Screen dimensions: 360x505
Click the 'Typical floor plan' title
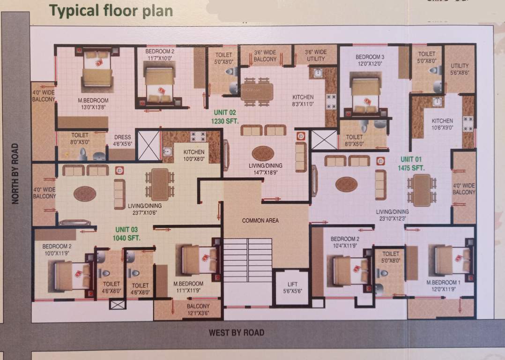[x=111, y=10]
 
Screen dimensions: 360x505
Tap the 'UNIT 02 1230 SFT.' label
[x=225, y=116]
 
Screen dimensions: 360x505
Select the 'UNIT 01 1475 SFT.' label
[x=411, y=163]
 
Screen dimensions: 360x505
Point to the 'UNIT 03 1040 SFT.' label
[x=126, y=233]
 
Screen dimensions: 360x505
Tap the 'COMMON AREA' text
[x=260, y=220]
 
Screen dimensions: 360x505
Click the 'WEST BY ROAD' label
[x=237, y=333]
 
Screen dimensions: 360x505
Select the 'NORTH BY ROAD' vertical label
[x=15, y=173]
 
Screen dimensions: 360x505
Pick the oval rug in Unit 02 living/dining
[x=263, y=153]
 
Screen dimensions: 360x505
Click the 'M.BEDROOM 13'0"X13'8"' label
[x=93, y=104]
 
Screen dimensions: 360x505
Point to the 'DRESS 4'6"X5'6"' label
[x=122, y=141]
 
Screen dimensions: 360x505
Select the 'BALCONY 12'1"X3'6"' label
[x=197, y=309]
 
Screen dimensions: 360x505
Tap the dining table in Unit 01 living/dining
[x=422, y=190]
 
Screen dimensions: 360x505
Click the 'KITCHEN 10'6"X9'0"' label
[x=442, y=124]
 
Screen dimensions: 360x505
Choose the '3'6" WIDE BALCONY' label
[x=265, y=56]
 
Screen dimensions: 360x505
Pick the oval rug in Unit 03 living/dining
[x=85, y=194]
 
